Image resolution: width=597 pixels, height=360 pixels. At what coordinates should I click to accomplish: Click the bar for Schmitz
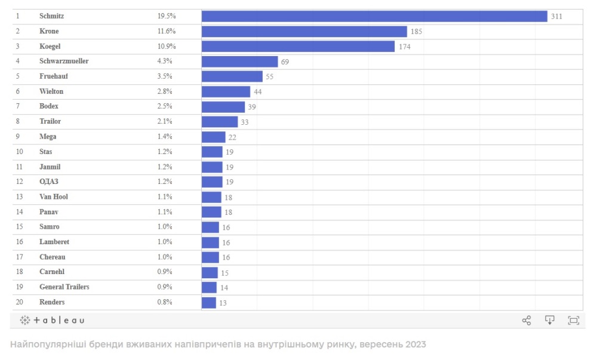point(374,16)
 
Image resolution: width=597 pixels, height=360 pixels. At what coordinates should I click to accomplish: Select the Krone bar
point(304,31)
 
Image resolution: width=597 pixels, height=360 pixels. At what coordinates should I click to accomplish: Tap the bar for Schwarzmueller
point(239,61)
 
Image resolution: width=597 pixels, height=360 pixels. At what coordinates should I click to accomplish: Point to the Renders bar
point(208,303)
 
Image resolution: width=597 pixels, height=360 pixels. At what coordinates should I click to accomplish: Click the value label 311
point(556,17)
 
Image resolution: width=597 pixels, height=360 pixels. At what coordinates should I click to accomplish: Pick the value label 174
point(404,47)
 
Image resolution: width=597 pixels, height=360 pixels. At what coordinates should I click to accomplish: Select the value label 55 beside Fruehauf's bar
point(270,76)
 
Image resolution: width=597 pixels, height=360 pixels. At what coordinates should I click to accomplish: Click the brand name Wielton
point(51,91)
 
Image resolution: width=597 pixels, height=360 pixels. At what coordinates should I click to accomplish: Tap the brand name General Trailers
point(64,287)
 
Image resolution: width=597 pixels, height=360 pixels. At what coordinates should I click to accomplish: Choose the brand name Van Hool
point(54,197)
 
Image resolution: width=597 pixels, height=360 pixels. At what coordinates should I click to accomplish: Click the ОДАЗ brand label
point(49,181)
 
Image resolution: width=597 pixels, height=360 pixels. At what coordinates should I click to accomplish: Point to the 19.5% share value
point(167,16)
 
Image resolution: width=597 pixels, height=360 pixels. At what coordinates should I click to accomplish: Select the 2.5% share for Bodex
point(165,106)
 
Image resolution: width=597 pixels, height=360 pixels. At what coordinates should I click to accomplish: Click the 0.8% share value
point(165,302)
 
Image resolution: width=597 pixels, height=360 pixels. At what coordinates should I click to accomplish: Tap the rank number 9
point(18,137)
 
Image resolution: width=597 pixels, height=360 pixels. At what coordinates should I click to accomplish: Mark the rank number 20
point(20,302)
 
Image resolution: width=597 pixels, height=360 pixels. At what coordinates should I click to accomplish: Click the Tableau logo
point(53,320)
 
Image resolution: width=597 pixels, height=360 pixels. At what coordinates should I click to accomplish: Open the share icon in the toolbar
point(527,321)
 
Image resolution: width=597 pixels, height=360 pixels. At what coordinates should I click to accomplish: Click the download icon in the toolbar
point(550,320)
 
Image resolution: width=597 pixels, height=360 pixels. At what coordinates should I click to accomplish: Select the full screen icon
point(574,321)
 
